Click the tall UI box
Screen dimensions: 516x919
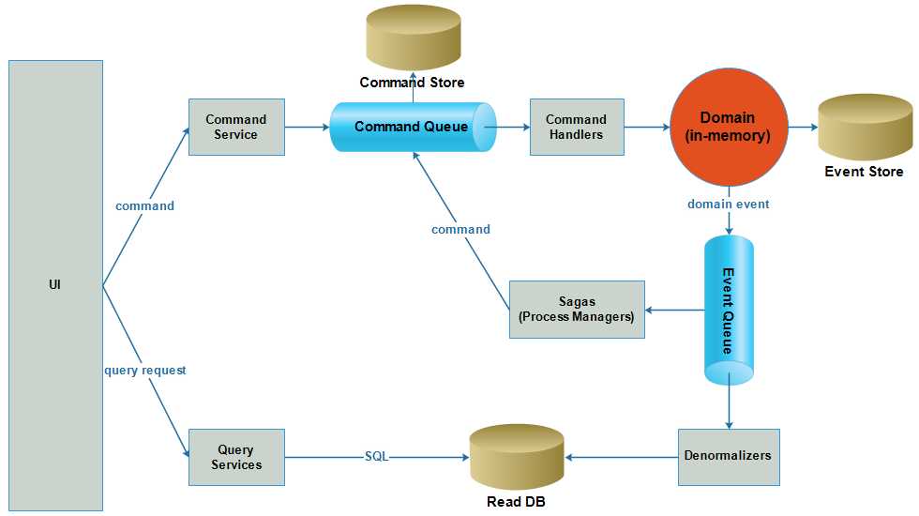click(x=54, y=285)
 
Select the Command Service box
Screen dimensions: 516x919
click(x=236, y=127)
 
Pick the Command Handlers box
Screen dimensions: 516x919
click(x=576, y=127)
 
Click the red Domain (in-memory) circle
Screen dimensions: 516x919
click(x=728, y=127)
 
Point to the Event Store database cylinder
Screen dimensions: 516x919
click(x=864, y=128)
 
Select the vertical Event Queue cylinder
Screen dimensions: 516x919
click(x=729, y=310)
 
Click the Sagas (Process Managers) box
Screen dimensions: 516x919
click(x=577, y=309)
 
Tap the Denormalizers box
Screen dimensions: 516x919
click(x=728, y=457)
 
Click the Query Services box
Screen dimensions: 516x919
click(x=236, y=457)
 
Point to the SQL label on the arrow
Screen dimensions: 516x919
click(x=376, y=457)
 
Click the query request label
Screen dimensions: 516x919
click(x=145, y=371)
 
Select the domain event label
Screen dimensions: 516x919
click(x=729, y=204)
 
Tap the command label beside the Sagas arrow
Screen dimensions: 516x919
click(x=460, y=229)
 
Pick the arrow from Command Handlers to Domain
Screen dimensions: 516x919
click(x=647, y=127)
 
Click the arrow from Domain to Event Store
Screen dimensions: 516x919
click(x=802, y=127)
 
